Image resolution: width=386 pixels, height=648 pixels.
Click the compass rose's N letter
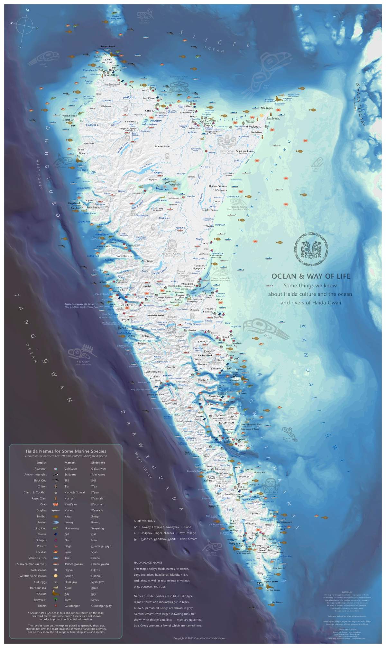click(27, 10)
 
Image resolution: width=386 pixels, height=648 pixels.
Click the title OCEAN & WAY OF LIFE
click(311, 276)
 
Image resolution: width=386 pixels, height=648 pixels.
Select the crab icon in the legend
click(56, 504)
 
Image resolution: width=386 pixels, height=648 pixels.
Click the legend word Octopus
click(41, 540)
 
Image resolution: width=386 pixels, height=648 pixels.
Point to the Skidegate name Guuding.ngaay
click(101, 606)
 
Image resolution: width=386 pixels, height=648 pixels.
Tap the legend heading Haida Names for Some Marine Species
click(66, 451)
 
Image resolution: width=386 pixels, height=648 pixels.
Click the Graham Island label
click(162, 146)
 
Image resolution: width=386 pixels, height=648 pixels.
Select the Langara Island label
click(108, 47)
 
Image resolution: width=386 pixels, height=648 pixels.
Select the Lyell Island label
click(228, 423)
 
